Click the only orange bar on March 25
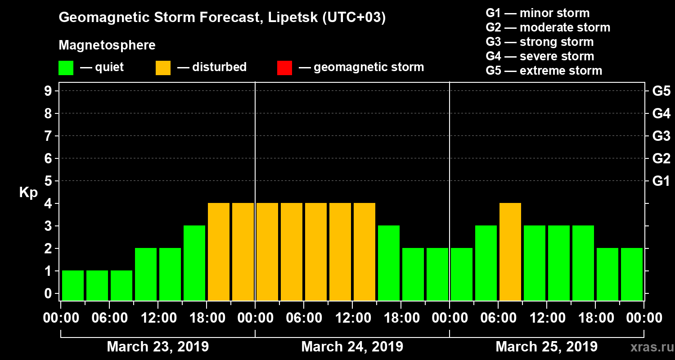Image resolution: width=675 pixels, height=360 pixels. coord(510,252)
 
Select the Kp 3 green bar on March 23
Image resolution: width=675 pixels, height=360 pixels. coord(194,263)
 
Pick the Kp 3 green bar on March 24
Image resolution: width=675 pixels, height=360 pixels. coord(389,263)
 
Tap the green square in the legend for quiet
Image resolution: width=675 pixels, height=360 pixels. coord(66,67)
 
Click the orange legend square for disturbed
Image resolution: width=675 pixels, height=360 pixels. coord(163,67)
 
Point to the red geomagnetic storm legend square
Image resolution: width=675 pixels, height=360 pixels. coord(284,67)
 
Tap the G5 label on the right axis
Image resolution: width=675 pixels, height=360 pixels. coord(661,91)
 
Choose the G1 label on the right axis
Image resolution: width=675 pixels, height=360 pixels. coord(661,181)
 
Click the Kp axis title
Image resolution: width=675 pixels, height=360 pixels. coord(28,193)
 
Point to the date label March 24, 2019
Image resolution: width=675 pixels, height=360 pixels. coord(352,347)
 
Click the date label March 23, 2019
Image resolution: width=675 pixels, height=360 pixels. coord(157,347)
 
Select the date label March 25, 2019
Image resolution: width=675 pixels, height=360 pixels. coord(546,347)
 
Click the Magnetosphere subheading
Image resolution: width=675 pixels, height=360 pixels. coord(107,46)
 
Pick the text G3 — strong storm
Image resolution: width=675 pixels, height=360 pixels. coord(540,42)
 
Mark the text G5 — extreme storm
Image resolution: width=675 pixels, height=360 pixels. coord(544,71)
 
